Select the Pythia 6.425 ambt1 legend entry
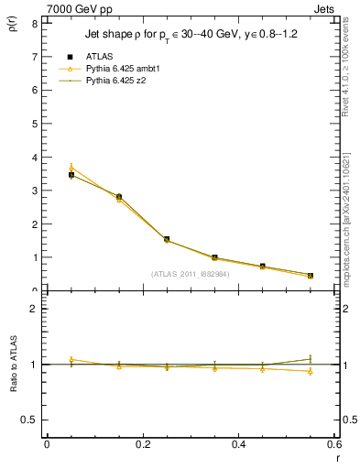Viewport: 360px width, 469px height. (x=120, y=69)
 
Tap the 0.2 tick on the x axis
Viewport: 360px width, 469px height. (x=142, y=444)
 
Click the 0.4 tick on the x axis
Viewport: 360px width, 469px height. (x=238, y=444)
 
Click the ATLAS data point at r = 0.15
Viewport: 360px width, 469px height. (x=119, y=197)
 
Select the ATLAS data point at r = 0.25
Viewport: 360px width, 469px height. (x=167, y=239)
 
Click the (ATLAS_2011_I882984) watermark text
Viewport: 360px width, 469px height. (x=191, y=274)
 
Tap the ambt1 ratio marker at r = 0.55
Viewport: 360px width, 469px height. (x=311, y=371)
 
